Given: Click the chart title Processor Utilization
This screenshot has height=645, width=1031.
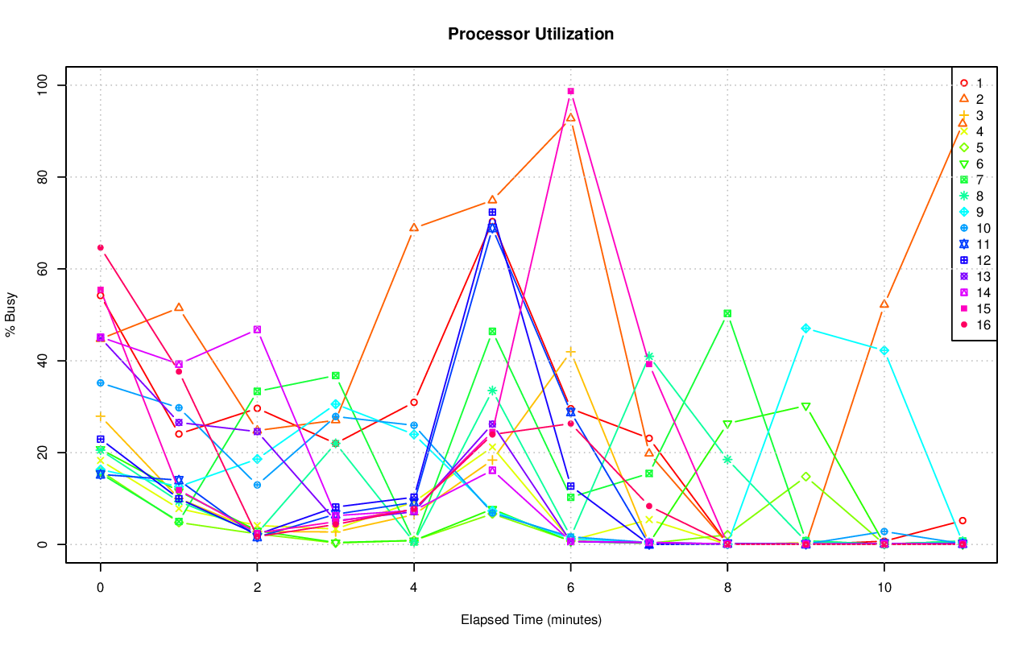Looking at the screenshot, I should tap(531, 34).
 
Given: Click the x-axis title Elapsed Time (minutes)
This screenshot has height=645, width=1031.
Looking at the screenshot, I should tap(531, 620).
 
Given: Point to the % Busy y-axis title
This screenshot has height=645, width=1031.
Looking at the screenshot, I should tap(11, 315).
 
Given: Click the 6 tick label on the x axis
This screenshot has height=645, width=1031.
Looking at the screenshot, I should tap(570, 589).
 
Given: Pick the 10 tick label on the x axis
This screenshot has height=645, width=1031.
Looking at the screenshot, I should tap(884, 589).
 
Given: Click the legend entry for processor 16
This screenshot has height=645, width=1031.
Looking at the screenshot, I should tap(974, 325).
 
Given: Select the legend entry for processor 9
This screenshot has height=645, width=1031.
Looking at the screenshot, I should tap(974, 213).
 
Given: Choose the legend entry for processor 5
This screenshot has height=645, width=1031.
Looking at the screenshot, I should tap(974, 148).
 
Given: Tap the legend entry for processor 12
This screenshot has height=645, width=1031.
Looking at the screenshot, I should tap(974, 261).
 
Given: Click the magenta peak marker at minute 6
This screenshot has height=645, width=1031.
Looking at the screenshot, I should tap(570, 91).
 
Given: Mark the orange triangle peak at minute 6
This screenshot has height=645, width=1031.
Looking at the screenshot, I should tap(570, 118).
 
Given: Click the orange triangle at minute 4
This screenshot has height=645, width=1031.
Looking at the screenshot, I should tap(414, 228).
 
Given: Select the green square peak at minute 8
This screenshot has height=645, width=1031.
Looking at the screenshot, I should tap(727, 313).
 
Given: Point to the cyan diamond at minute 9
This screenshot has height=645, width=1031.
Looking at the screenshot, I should tap(805, 329).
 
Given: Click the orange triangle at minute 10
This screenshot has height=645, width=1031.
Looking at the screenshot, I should tap(884, 304).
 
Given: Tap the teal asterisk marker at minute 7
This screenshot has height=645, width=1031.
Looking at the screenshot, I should tap(649, 356).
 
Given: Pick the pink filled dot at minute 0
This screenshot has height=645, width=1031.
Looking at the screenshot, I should tap(101, 247).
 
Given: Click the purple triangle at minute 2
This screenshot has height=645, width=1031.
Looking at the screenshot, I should tap(257, 329).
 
